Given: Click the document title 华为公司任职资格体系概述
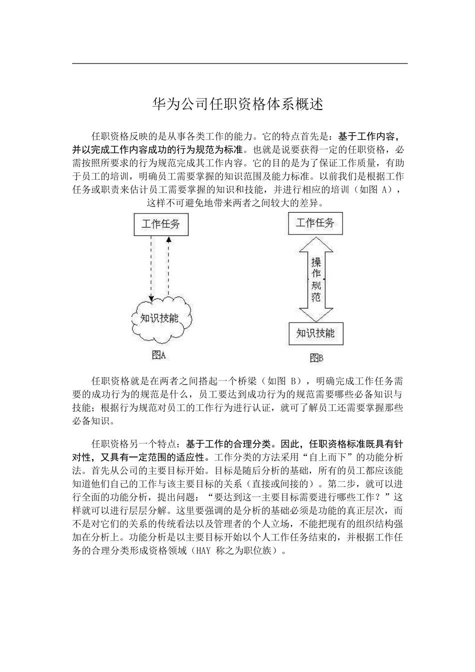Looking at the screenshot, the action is click(237, 104).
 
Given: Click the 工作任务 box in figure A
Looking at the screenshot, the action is click(160, 224).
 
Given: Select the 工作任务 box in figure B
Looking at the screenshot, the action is click(315, 222).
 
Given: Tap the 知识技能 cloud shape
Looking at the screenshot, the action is click(160, 318).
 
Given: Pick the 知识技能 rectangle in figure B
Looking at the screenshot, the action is click(315, 333).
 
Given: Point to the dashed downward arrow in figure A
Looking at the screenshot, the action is click(151, 269).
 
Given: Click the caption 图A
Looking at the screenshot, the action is click(158, 355).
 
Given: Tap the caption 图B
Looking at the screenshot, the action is click(316, 357).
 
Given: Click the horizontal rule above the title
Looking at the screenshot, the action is click(240, 63).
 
